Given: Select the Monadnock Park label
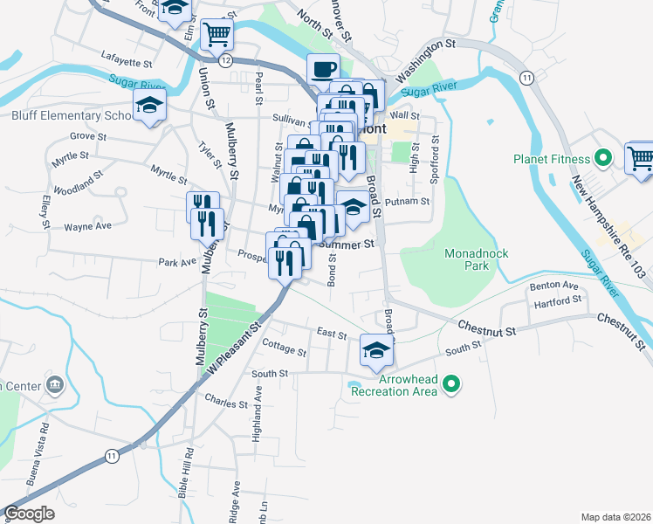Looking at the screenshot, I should (x=476, y=259).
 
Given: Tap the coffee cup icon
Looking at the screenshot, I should (x=323, y=68).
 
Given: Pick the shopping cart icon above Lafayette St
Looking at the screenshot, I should (x=217, y=35).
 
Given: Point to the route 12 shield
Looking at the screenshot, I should (x=225, y=59).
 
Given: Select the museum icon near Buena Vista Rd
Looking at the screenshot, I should (x=54, y=384).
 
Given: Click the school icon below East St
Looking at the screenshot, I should (x=376, y=351).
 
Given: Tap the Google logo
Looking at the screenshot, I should (x=29, y=514).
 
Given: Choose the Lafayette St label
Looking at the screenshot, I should (x=127, y=64).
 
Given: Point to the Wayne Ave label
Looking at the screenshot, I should (x=87, y=226).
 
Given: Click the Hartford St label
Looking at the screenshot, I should (x=559, y=300).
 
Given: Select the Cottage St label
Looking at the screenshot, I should (x=284, y=351).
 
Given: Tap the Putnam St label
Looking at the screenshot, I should (x=408, y=202).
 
